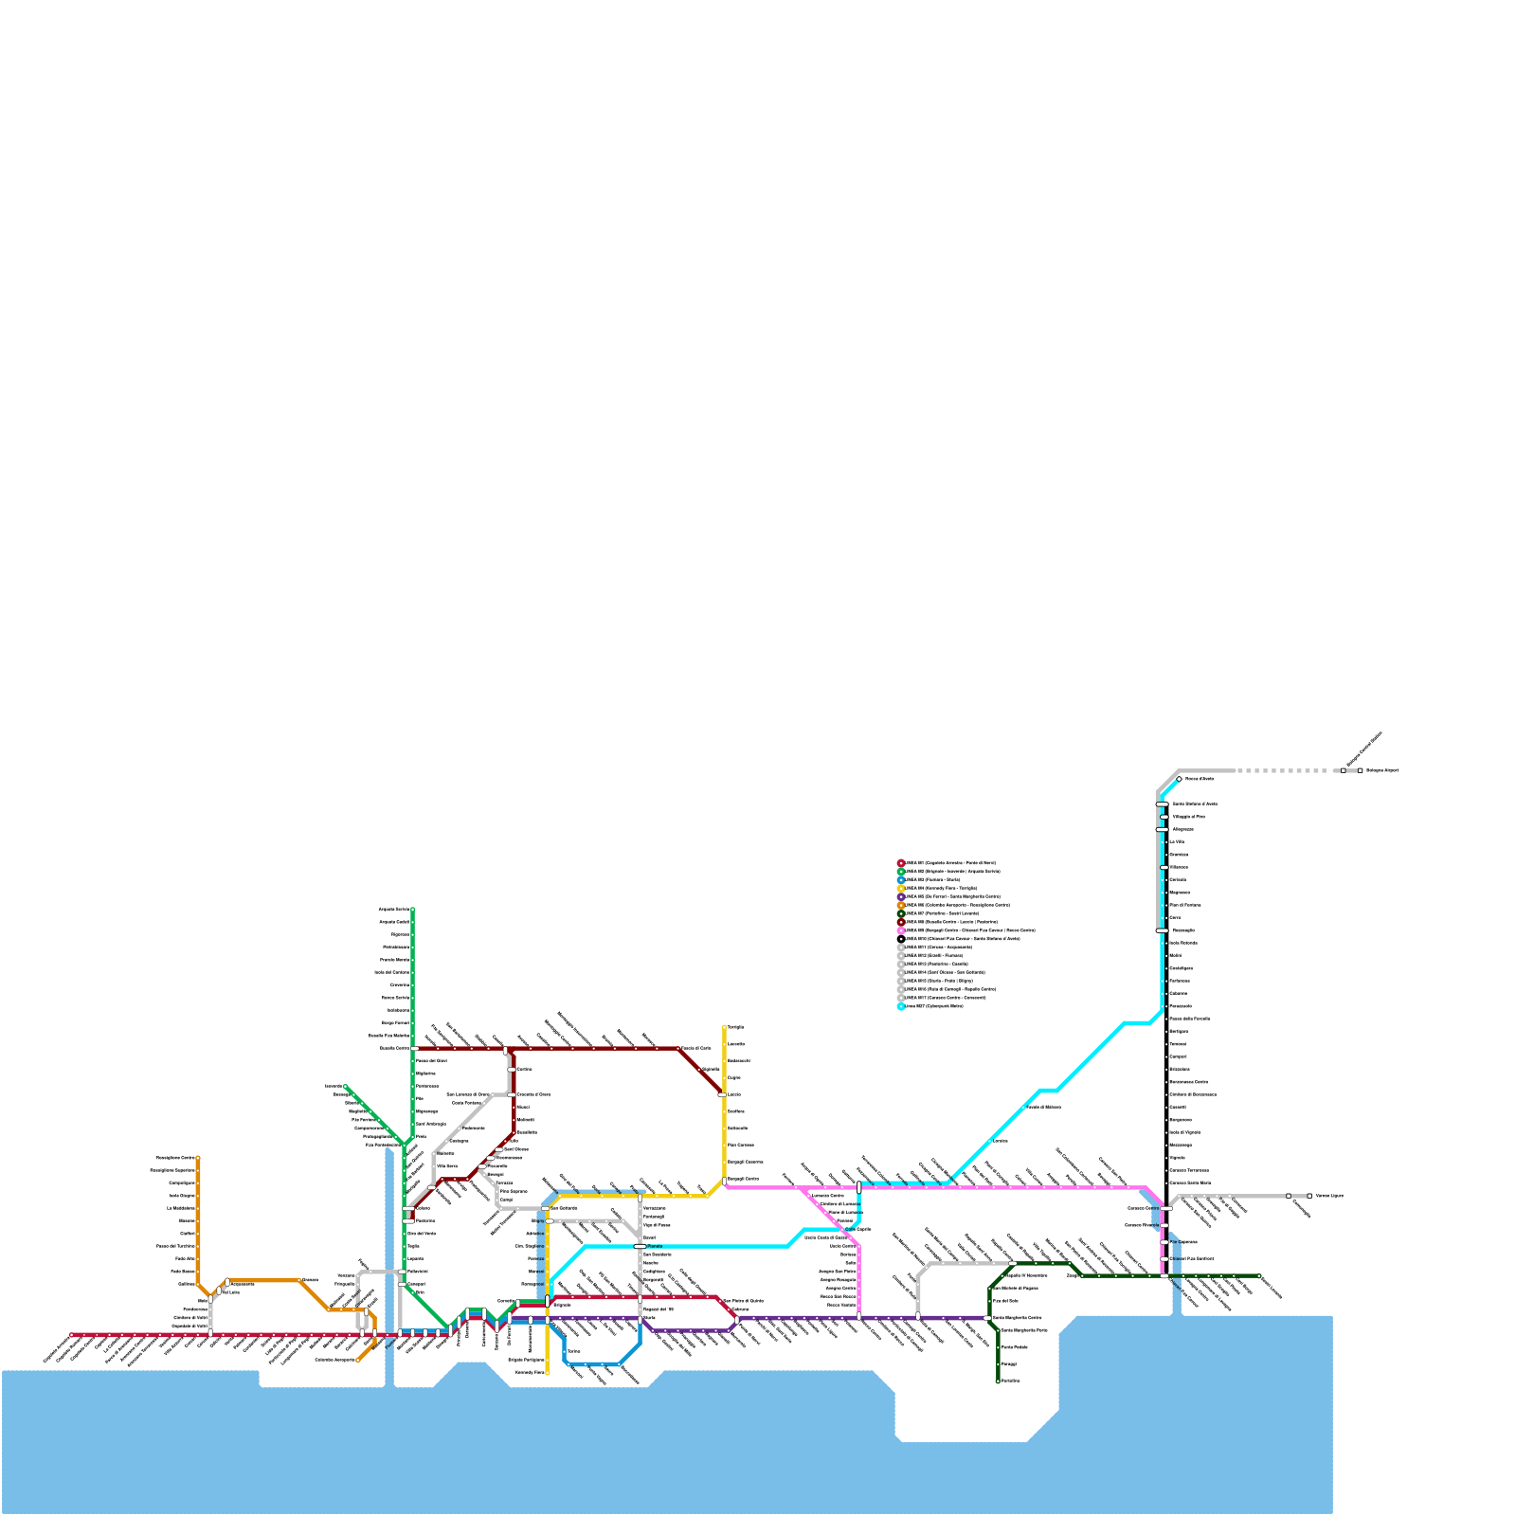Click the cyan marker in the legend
coord(901,1006)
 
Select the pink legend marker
coord(901,930)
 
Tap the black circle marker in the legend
coord(901,939)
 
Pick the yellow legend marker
coord(901,888)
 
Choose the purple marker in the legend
coord(901,896)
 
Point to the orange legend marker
coord(901,905)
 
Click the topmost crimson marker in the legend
coord(901,863)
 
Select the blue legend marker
coord(901,879)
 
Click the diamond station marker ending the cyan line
coord(1179,779)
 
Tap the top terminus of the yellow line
coord(725,1027)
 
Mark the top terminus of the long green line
coord(412,910)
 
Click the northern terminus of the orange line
coord(198,1158)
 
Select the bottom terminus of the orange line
coord(358,1361)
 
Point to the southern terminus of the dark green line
coord(998,1381)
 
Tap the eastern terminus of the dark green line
coord(1259,1276)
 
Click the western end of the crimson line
coord(71,1335)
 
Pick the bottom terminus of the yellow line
coord(548,1372)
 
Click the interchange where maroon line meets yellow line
coord(723,1094)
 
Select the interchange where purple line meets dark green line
coord(989,1318)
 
